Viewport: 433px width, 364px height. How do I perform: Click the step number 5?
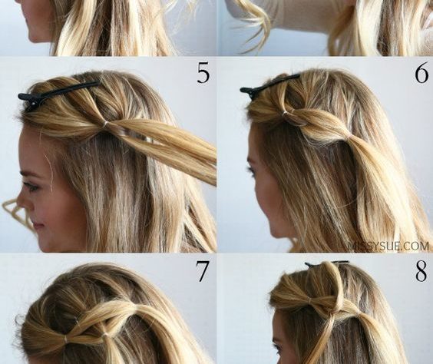click(x=203, y=74)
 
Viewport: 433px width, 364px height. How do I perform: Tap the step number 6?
click(x=421, y=74)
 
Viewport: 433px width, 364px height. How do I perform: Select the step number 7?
click(x=202, y=271)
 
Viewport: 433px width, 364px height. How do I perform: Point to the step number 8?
click(x=421, y=271)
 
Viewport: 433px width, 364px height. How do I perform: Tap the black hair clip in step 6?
click(x=269, y=84)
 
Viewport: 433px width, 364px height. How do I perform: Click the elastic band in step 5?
click(x=104, y=125)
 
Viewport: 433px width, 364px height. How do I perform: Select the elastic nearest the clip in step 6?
click(x=286, y=113)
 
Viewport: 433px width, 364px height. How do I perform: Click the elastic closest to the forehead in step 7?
click(x=65, y=339)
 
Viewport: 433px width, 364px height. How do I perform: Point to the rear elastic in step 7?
click(x=105, y=335)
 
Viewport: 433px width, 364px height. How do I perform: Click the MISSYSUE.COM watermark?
click(x=390, y=246)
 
